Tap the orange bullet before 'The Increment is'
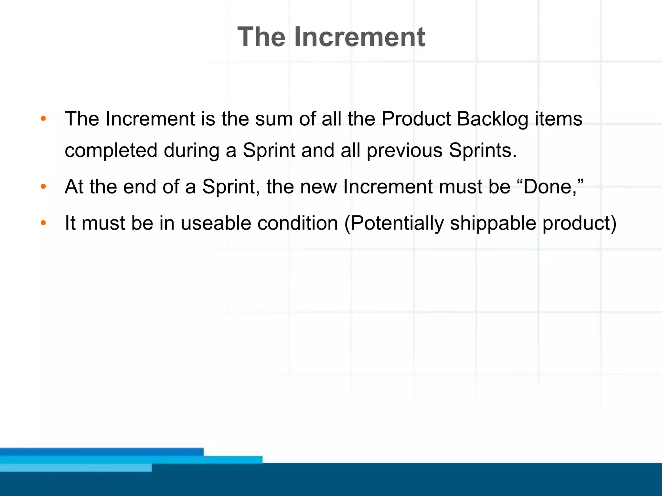[43, 119]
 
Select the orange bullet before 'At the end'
[43, 186]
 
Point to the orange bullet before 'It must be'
[43, 222]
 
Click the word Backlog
[492, 119]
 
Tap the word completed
[111, 150]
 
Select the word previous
[404, 150]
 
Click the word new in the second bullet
[318, 187]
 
